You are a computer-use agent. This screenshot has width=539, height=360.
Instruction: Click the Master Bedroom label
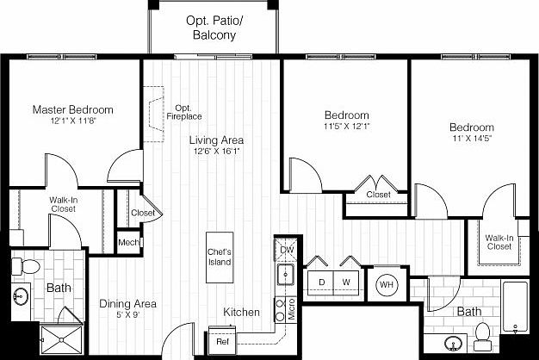coord(72,110)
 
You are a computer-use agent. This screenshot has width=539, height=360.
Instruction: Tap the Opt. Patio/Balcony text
coord(211,28)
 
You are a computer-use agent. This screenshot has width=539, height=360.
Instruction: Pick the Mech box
coord(128,243)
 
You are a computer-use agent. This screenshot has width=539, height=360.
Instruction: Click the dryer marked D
coord(320,282)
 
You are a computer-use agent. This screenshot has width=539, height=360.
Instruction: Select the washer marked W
coord(347,282)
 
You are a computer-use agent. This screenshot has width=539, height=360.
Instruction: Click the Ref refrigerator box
coord(223,342)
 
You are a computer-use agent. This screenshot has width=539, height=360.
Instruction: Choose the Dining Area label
coord(127,303)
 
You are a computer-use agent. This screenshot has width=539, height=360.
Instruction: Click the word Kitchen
coord(242,312)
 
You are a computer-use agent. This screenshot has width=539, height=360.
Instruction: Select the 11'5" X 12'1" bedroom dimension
coord(347,126)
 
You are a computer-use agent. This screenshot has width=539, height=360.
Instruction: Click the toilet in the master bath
coord(28,265)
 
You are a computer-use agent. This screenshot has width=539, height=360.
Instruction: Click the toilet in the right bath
coord(483,332)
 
